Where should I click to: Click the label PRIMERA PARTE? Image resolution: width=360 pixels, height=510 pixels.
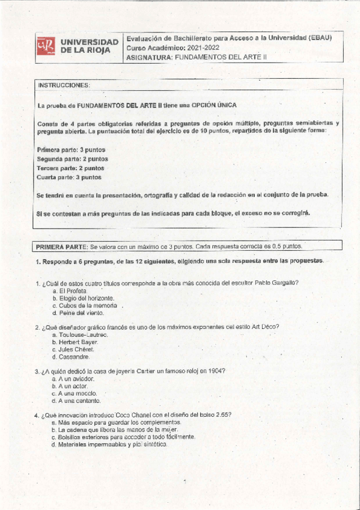(61, 247)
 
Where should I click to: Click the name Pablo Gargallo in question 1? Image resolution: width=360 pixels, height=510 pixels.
(277, 283)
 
